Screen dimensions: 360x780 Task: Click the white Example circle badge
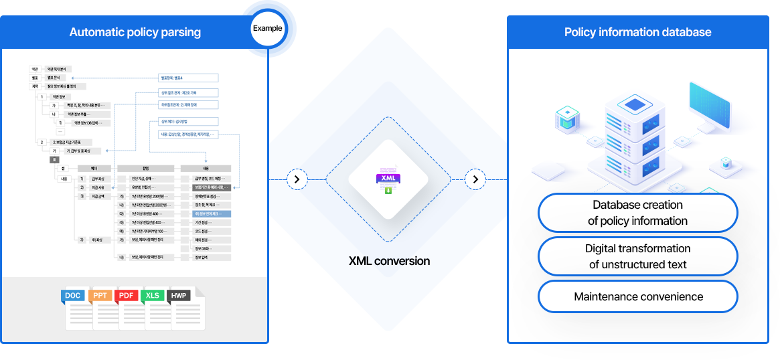pos(267,28)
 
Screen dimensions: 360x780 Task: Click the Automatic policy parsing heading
pos(135,32)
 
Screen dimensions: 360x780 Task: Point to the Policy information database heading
pos(637,32)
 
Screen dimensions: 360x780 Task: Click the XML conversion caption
pos(389,260)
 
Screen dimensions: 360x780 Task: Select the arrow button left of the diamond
pos(297,179)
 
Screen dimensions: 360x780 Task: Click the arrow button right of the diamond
pos(475,179)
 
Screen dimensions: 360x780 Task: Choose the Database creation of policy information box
pos(637,213)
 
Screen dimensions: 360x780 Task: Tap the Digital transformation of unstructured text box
pos(637,256)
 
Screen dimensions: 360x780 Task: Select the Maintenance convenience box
pos(637,296)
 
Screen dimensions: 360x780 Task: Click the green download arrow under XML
pos(388,191)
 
